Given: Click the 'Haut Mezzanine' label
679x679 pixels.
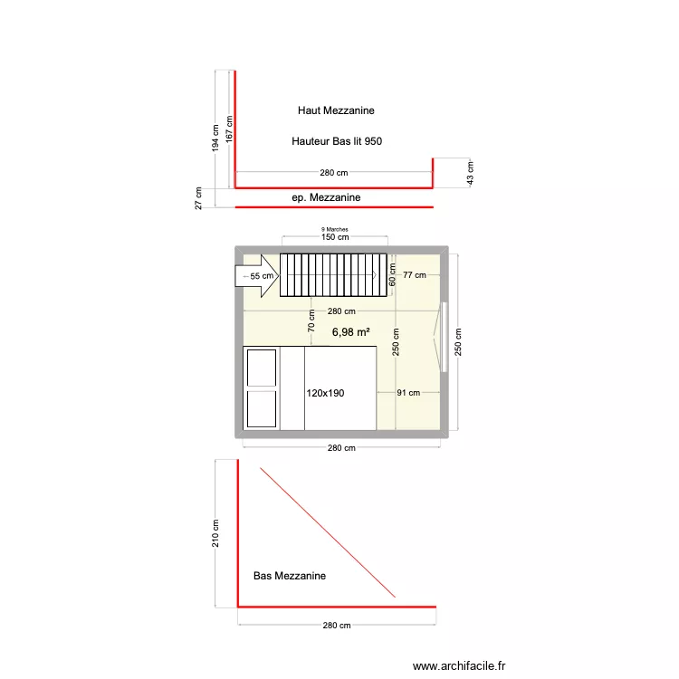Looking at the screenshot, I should (336, 110).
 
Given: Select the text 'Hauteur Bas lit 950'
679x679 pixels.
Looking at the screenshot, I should (337, 141).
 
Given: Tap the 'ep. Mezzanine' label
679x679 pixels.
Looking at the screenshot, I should (326, 197).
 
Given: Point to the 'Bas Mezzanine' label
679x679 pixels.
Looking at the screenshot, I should (290, 576).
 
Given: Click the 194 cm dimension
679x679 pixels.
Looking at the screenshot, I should (215, 139).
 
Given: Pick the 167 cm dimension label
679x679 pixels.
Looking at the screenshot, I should (230, 128).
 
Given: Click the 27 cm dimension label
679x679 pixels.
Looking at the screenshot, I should (199, 198).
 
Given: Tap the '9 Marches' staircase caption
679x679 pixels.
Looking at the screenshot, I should (335, 230).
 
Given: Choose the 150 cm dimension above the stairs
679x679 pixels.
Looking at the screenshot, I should (335, 238).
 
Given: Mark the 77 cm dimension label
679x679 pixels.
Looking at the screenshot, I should (415, 275).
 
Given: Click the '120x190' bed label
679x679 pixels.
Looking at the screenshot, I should (326, 393).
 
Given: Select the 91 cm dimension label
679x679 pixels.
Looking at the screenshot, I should (408, 393).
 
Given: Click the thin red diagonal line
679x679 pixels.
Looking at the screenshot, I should (328, 532).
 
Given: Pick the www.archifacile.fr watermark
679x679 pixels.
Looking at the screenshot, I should (460, 666).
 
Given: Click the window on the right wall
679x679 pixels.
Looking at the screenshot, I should (445, 337).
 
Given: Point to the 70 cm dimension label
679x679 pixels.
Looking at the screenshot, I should (311, 320).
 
